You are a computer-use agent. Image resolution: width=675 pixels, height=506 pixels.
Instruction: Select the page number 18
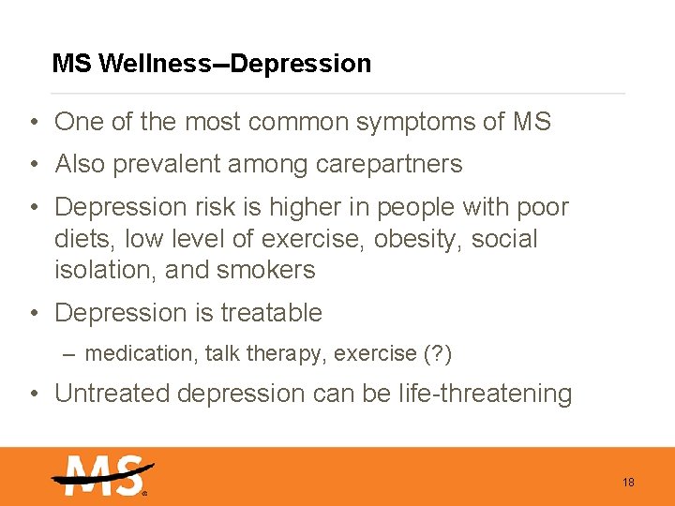pos(628,483)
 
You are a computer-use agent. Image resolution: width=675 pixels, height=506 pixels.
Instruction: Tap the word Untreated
pos(113,394)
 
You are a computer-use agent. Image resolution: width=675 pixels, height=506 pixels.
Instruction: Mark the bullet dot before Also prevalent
pos(33,165)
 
